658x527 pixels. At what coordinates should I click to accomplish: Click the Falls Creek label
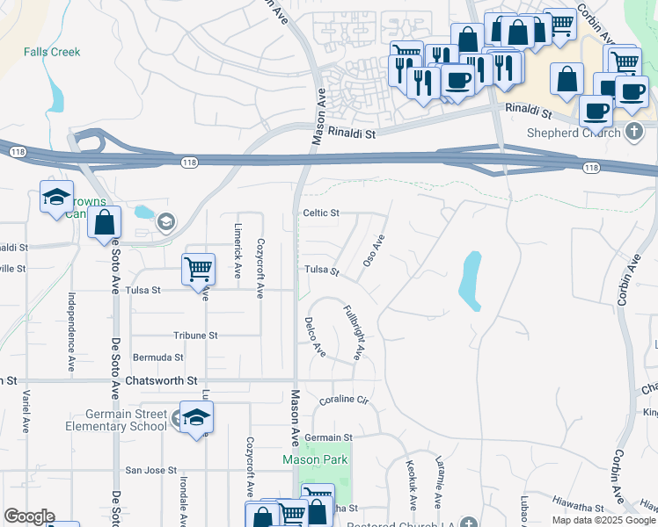click(52, 52)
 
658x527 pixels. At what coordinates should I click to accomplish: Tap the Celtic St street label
click(321, 213)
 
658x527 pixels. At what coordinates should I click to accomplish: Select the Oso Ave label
click(376, 251)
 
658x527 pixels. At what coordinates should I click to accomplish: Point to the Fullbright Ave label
click(353, 333)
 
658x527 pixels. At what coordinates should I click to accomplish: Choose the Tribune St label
click(194, 336)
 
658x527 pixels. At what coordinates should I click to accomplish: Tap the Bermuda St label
click(157, 358)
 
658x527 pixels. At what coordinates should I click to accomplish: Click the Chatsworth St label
click(162, 381)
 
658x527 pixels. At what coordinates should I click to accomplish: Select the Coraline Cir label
click(342, 401)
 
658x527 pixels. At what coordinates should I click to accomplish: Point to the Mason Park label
click(315, 459)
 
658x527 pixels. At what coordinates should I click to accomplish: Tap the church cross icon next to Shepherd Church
click(635, 133)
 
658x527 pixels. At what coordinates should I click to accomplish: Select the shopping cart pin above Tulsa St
click(198, 268)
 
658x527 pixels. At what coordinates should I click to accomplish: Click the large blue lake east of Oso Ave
click(471, 280)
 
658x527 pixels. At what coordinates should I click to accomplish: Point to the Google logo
click(28, 516)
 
